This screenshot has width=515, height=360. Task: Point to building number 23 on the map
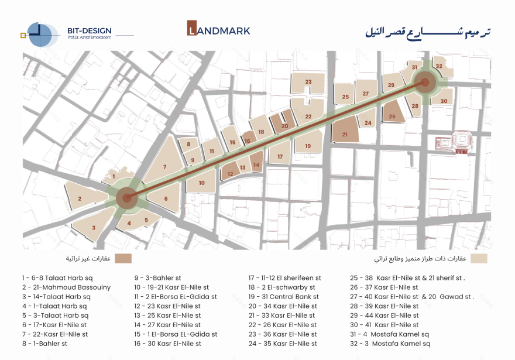tap(308, 83)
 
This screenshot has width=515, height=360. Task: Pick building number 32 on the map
tap(439, 67)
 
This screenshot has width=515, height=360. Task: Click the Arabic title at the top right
tap(427, 32)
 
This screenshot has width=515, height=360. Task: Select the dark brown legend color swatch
tap(123, 258)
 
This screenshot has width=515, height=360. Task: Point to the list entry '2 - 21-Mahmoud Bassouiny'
tap(66, 287)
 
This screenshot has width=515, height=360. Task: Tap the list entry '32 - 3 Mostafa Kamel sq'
tap(389, 344)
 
